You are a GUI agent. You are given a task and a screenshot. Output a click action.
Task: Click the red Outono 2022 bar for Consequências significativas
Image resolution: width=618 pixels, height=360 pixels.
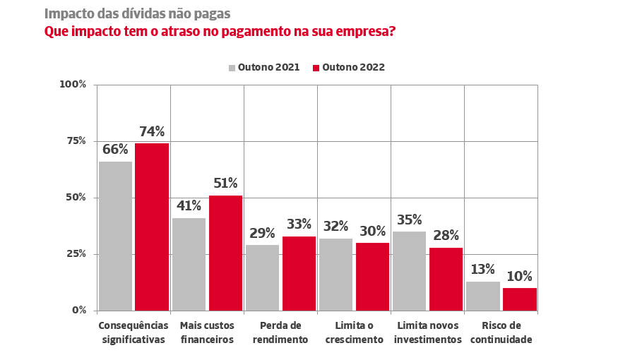click(x=152, y=226)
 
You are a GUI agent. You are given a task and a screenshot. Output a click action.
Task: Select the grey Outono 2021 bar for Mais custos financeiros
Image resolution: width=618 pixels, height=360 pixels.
click(x=189, y=263)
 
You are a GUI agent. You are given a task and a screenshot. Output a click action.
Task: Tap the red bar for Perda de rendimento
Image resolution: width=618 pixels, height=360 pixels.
click(x=299, y=272)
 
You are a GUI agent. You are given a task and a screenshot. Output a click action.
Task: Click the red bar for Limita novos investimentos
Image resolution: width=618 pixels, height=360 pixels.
click(x=446, y=278)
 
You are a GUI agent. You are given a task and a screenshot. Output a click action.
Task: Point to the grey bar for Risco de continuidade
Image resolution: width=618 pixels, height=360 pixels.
click(x=482, y=295)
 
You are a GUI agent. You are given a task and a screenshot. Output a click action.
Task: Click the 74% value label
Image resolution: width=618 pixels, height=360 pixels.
click(x=152, y=131)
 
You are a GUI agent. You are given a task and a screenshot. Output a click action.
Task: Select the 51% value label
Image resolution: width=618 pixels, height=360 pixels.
click(x=225, y=184)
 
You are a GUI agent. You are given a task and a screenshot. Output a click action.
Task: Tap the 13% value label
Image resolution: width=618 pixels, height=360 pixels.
click(x=482, y=270)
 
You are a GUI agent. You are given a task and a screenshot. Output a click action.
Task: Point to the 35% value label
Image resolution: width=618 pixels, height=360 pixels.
click(x=409, y=220)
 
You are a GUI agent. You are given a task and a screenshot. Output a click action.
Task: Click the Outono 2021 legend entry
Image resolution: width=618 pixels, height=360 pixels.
click(x=263, y=68)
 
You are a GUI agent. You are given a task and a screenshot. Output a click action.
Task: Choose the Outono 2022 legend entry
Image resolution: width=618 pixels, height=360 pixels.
click(x=348, y=68)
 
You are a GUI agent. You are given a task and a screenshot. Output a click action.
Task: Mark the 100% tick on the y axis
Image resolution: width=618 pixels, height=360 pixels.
click(x=73, y=85)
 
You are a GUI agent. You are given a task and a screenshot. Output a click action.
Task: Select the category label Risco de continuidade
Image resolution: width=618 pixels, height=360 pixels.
click(x=501, y=332)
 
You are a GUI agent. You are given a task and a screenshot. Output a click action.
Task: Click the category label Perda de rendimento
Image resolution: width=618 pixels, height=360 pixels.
click(x=280, y=332)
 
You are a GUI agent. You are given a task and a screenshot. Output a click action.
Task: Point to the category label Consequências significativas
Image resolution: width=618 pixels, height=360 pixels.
click(x=133, y=332)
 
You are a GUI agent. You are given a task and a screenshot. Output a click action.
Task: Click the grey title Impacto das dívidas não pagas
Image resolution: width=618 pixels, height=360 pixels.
click(x=137, y=13)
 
